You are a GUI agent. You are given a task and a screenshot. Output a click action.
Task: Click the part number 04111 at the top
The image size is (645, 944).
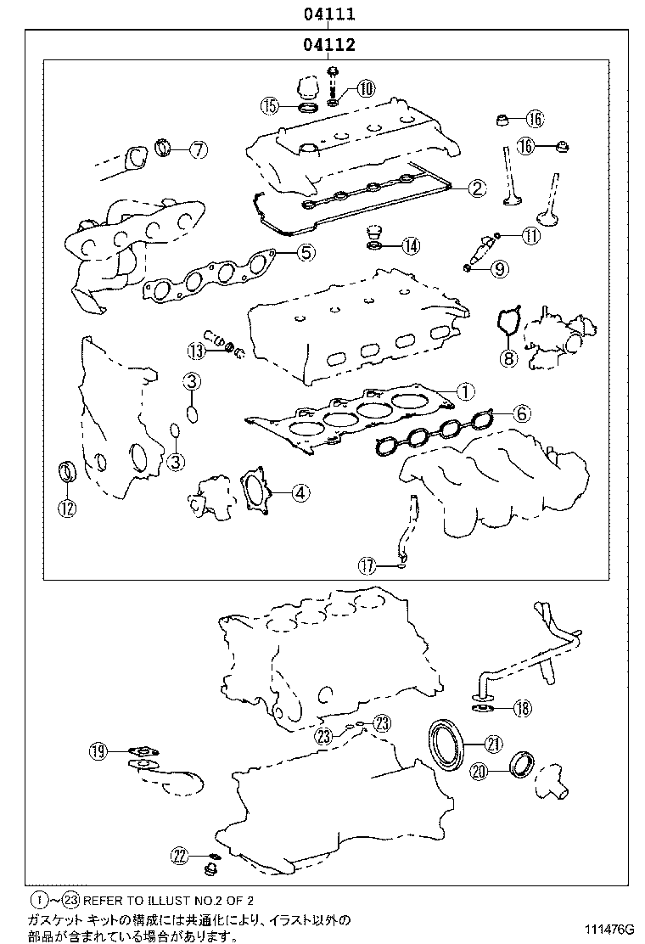coord(326,14)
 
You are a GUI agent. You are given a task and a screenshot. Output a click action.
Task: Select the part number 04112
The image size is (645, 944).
coord(326,45)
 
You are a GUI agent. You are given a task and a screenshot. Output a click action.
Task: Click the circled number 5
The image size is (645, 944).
coord(306,251)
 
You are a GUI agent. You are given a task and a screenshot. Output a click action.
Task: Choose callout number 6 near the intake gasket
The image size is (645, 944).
coord(521,413)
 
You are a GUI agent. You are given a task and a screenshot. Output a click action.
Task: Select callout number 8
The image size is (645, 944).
coord(508,358)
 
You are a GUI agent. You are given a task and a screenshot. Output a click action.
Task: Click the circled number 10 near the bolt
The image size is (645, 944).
coord(365,87)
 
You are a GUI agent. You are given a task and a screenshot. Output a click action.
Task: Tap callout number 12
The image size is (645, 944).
coord(66,509)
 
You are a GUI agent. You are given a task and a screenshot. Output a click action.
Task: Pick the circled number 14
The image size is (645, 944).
coord(410,246)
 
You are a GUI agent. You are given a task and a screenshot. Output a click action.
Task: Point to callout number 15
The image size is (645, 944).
coord(270,106)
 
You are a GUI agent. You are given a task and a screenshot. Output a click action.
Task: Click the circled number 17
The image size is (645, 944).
coord(366,564)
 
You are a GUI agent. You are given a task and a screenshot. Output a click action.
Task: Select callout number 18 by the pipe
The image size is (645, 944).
coord(522,707)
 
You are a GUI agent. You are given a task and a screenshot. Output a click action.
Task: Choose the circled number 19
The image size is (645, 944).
coord(98,750)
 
